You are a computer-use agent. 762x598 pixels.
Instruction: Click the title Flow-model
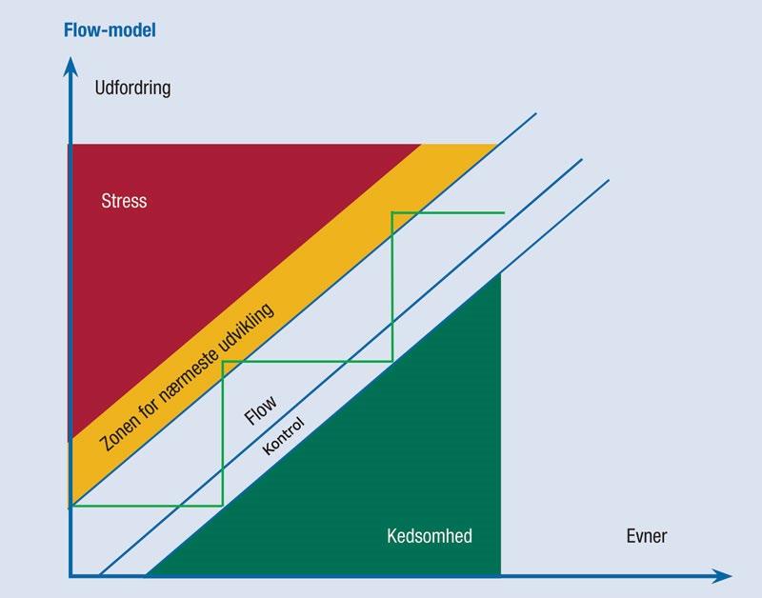(x=110, y=30)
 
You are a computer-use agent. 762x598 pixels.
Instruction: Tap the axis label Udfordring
(x=132, y=89)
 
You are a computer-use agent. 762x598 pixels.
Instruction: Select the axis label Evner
(x=647, y=536)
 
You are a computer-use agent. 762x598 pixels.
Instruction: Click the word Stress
(x=124, y=201)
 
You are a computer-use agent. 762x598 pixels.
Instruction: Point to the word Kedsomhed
(x=430, y=536)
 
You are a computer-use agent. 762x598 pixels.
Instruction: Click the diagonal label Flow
(x=261, y=410)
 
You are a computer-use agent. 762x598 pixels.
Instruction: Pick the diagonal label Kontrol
(x=282, y=436)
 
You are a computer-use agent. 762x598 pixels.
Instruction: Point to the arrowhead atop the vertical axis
(x=70, y=65)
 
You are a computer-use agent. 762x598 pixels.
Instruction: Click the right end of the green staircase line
(x=504, y=212)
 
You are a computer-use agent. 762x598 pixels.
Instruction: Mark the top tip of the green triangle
(x=500, y=273)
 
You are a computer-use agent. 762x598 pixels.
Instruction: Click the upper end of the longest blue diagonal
(x=536, y=114)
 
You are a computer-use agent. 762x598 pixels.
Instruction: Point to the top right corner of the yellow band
(x=496, y=145)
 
